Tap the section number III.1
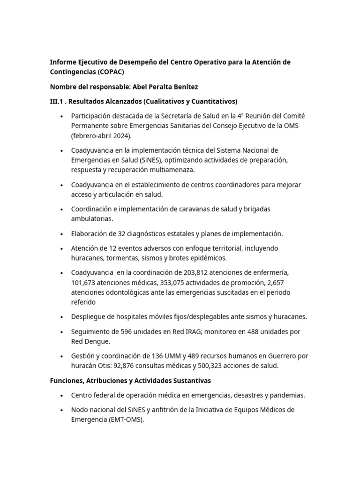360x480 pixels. point(58,101)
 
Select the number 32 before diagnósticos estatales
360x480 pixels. point(122,233)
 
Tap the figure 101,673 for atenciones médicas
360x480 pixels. point(84,283)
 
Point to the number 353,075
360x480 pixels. point(174,283)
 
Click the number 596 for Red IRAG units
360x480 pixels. point(129,331)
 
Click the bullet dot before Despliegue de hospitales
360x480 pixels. point(61,317)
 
